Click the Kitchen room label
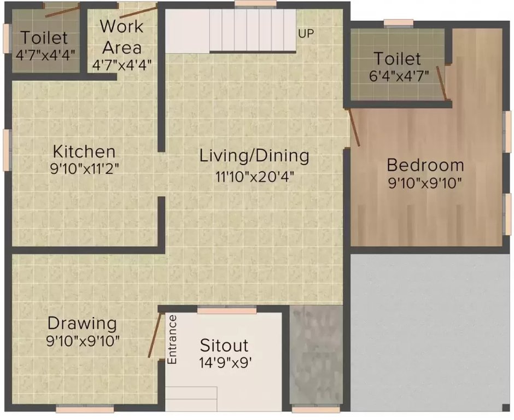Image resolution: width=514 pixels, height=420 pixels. pyautogui.click(x=84, y=151)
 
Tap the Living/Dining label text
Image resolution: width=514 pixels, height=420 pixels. pyautogui.click(x=254, y=155)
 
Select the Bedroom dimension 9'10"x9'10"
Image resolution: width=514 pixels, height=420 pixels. pyautogui.click(x=425, y=183)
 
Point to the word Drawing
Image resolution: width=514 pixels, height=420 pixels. pyautogui.click(x=82, y=323)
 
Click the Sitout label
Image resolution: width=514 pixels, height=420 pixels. pyautogui.click(x=224, y=345)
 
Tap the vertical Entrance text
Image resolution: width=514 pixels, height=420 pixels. pyautogui.click(x=172, y=340)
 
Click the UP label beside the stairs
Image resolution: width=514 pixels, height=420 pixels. pyautogui.click(x=306, y=33)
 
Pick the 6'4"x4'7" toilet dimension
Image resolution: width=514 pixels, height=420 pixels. pyautogui.click(x=399, y=76)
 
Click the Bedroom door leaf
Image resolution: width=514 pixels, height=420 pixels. pyautogui.click(x=354, y=127)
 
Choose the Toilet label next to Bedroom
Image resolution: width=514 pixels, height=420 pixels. pyautogui.click(x=397, y=59)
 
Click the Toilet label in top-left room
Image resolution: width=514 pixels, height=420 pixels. pyautogui.click(x=44, y=38)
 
